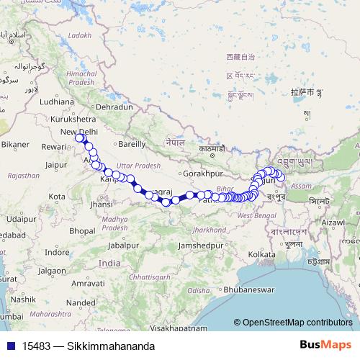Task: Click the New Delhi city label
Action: (78, 132)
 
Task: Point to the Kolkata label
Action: (261, 254)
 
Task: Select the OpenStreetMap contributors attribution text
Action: (297, 323)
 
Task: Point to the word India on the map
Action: (109, 264)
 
